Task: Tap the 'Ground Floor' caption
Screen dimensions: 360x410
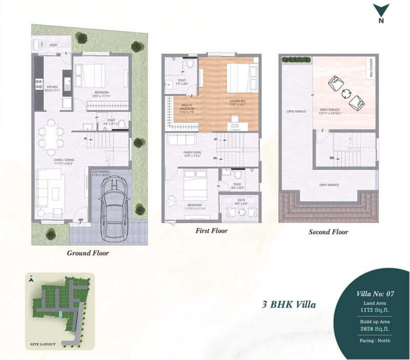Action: (x=88, y=253)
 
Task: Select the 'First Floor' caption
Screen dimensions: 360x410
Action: (x=211, y=231)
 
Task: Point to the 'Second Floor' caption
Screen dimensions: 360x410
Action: (x=328, y=232)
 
